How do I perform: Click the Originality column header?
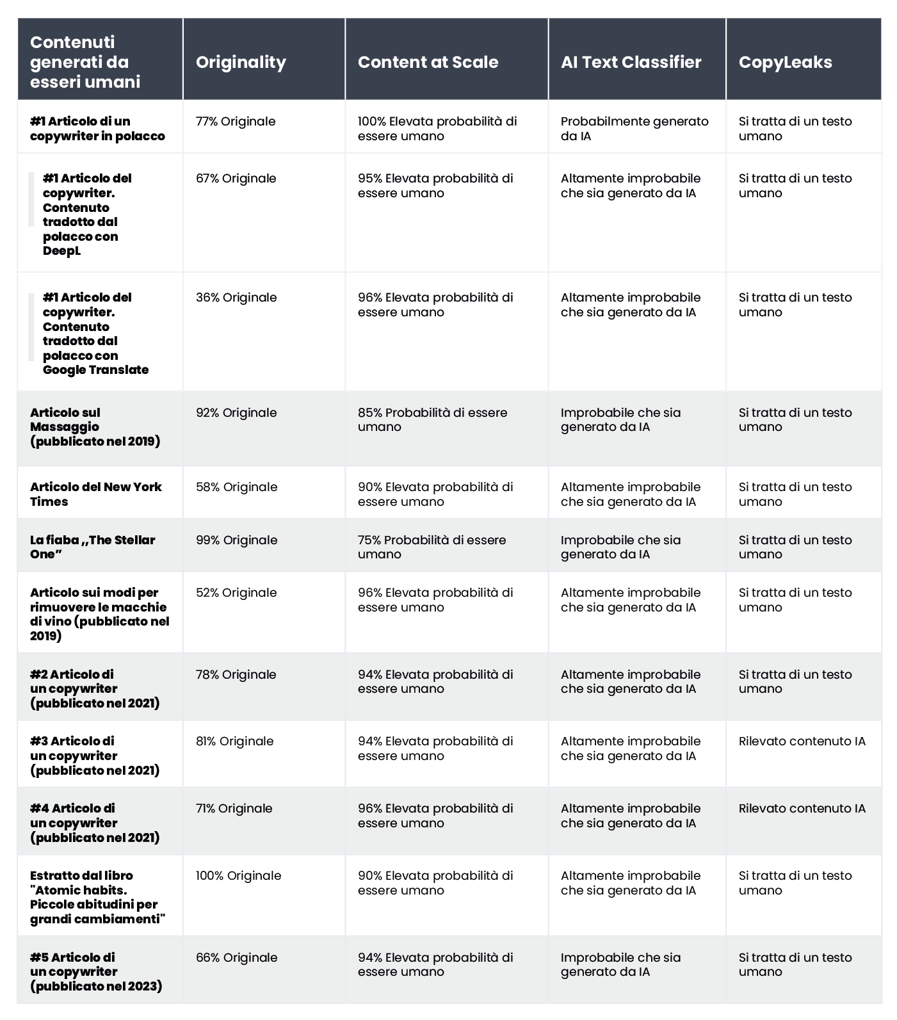pyautogui.click(x=241, y=62)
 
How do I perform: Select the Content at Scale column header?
pyautogui.click(x=428, y=62)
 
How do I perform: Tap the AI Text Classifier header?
pyautogui.click(x=631, y=62)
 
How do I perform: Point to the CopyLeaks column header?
pyautogui.click(x=785, y=62)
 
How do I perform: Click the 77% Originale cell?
pyautogui.click(x=236, y=122)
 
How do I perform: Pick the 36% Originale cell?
pyautogui.click(x=236, y=298)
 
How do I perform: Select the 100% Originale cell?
pyautogui.click(x=238, y=876)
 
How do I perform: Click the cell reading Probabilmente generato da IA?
pyautogui.click(x=634, y=129)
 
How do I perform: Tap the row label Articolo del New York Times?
pyautogui.click(x=96, y=494)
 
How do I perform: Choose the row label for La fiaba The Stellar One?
pyautogui.click(x=92, y=547)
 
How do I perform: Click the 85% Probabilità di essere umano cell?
pyautogui.click(x=432, y=420)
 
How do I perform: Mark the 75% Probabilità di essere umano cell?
pyautogui.click(x=432, y=547)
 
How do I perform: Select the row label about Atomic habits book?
pyautogui.click(x=97, y=897)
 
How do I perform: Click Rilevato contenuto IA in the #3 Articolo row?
pyautogui.click(x=802, y=741)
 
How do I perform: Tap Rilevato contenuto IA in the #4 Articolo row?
pyautogui.click(x=802, y=809)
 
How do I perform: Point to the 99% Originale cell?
pyautogui.click(x=236, y=540)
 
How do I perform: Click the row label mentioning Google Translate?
pyautogui.click(x=95, y=334)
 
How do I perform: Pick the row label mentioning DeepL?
pyautogui.click(x=87, y=215)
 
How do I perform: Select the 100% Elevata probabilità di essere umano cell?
pyautogui.click(x=437, y=129)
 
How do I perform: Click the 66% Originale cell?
pyautogui.click(x=236, y=958)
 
